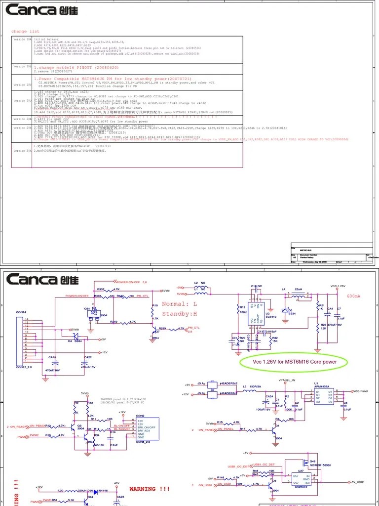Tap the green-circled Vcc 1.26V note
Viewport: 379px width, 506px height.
click(295, 362)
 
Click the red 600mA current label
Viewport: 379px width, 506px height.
click(354, 296)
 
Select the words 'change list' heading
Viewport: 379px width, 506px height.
click(25, 31)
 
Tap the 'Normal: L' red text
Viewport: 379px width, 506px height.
click(179, 304)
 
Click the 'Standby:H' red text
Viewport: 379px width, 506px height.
click(179, 314)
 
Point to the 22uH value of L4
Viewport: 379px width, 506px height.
click(299, 289)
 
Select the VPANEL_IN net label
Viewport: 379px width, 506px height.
click(287, 380)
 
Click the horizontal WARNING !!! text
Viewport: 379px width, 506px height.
click(149, 489)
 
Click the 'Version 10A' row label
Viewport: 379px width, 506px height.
click(22, 39)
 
